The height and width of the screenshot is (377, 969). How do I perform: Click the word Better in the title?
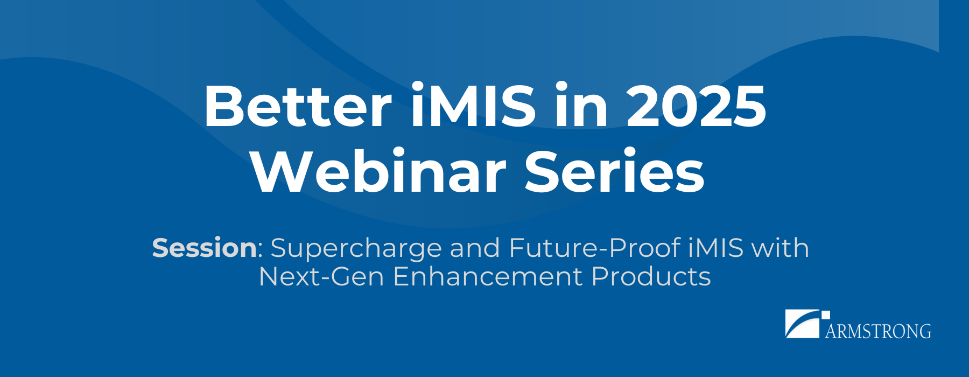pos(298,106)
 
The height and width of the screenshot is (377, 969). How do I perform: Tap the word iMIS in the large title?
pos(474,104)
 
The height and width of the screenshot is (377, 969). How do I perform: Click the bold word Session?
pos(205,248)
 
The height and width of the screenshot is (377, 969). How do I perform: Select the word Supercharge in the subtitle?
pos(356,249)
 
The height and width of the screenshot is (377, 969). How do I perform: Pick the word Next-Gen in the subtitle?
pos(321,276)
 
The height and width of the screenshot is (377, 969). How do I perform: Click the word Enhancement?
pos(488,276)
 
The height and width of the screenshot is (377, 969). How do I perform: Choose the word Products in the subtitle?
pos(651,276)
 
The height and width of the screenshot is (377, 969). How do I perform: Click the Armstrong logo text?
pos(878,331)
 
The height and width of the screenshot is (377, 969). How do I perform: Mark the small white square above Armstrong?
pos(825,315)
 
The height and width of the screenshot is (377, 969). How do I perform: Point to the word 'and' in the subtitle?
pos(475,248)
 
